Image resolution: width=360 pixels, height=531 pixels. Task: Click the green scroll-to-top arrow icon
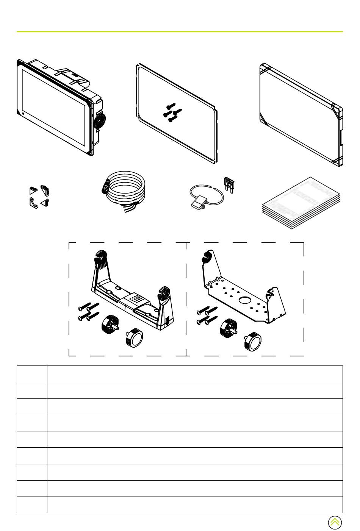[x=335, y=522]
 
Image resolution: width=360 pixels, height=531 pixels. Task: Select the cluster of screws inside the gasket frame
[x=172, y=113]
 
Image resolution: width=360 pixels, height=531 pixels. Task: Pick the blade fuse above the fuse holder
[x=229, y=184]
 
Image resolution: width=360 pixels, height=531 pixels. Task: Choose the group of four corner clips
[x=39, y=197]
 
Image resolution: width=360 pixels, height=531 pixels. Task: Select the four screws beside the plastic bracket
[x=88, y=311]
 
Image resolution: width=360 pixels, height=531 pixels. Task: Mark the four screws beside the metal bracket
[x=207, y=315]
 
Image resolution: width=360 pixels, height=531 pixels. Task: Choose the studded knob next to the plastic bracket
[x=110, y=324]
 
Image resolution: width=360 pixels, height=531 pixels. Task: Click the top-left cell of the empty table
[x=32, y=373]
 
